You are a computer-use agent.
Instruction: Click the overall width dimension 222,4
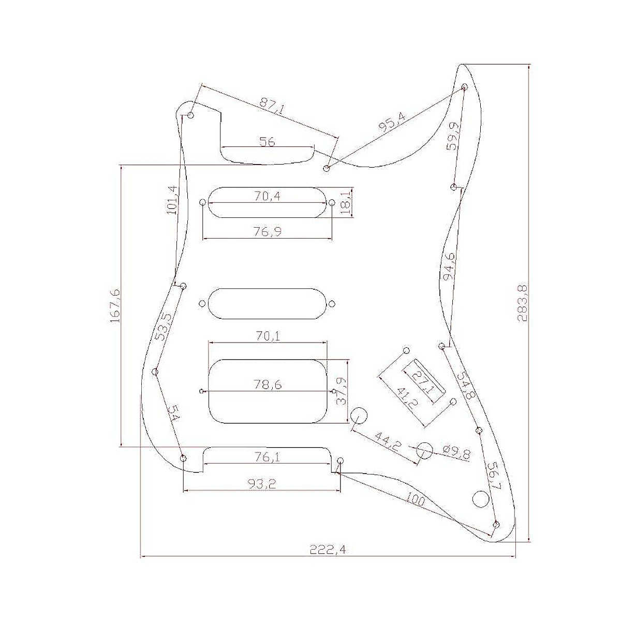(x=328, y=550)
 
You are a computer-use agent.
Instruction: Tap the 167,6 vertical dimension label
(x=114, y=306)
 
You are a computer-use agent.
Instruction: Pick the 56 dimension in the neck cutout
(x=267, y=141)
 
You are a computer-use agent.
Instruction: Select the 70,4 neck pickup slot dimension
(x=267, y=196)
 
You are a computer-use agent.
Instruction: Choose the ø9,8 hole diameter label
(x=456, y=454)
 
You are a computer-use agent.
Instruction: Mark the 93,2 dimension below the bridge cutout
(x=262, y=484)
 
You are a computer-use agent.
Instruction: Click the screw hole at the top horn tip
(x=464, y=85)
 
